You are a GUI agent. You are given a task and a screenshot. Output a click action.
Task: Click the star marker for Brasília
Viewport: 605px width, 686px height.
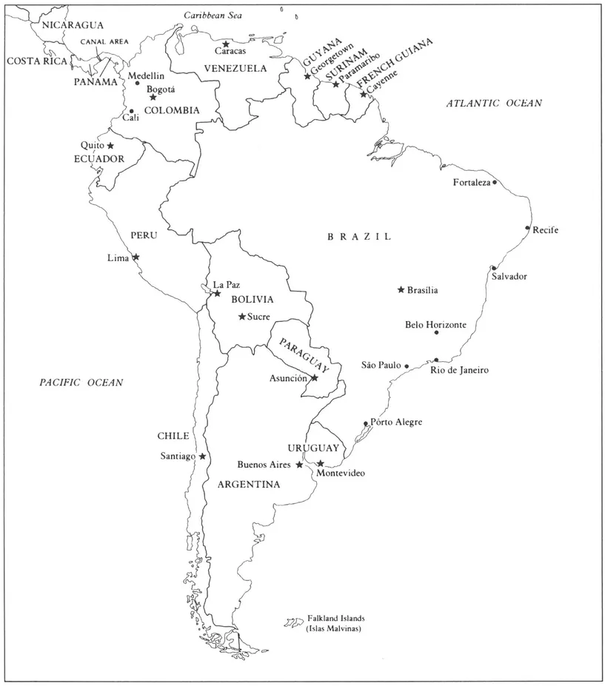pyautogui.click(x=401, y=289)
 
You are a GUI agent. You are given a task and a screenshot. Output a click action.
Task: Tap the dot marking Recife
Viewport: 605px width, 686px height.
pyautogui.click(x=528, y=228)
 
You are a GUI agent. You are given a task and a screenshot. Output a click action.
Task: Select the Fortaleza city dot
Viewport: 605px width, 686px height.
pyautogui.click(x=495, y=182)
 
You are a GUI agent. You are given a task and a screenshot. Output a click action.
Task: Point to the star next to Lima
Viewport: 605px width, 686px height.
pyautogui.click(x=136, y=258)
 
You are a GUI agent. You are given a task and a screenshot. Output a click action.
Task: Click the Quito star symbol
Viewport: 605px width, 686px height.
pyautogui.click(x=110, y=146)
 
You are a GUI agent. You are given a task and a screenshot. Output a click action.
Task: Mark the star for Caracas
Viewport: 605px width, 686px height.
pyautogui.click(x=226, y=44)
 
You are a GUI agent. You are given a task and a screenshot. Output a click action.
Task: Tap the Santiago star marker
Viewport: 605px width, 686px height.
pyautogui.click(x=202, y=457)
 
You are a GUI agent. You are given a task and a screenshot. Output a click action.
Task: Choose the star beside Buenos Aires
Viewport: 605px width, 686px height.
pyautogui.click(x=299, y=465)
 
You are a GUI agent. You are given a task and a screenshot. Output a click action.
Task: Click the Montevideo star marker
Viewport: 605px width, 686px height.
pyautogui.click(x=320, y=463)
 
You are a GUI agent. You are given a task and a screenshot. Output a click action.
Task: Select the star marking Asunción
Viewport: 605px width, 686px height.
pyautogui.click(x=314, y=377)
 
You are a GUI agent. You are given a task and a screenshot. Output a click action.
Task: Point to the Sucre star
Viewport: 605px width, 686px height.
pyautogui.click(x=241, y=317)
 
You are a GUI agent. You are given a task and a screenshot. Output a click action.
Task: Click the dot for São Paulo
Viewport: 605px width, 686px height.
pyautogui.click(x=407, y=366)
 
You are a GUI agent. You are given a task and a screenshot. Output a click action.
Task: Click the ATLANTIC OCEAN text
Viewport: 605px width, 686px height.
pyautogui.click(x=494, y=104)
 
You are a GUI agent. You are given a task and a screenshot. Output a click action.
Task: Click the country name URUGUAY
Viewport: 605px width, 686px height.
pyautogui.click(x=313, y=448)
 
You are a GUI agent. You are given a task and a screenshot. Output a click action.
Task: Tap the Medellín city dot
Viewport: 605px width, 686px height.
pyautogui.click(x=137, y=83)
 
